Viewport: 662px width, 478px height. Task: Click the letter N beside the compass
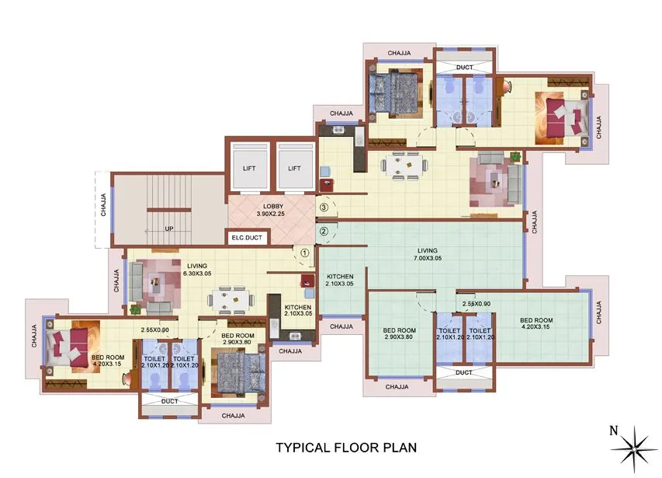coord(613,430)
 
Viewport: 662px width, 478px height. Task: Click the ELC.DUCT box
coord(246,238)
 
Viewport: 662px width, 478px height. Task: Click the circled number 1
coord(304,252)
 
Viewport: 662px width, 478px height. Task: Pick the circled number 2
coord(324,231)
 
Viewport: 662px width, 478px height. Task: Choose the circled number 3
coord(324,208)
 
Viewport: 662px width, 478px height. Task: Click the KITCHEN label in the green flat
coord(339,280)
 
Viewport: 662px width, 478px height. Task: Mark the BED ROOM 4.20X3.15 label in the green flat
coord(535,324)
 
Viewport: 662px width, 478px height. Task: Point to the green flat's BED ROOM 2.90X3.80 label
coord(400,334)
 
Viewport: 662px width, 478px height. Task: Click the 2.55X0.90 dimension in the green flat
coord(475,304)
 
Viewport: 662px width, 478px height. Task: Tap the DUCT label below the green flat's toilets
coord(464,372)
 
